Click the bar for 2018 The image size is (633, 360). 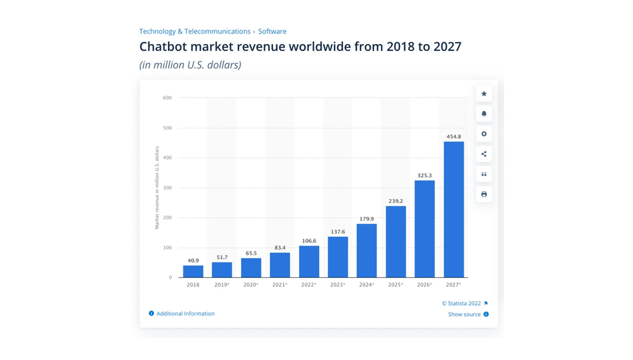click(193, 271)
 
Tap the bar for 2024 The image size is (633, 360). click(366, 251)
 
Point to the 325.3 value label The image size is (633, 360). click(424, 175)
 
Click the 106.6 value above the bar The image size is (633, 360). click(309, 241)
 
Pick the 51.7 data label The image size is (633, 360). click(222, 257)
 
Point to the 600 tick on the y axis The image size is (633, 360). click(167, 98)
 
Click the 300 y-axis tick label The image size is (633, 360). click(167, 188)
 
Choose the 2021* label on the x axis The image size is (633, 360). click(280, 285)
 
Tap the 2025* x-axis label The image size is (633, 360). click(395, 285)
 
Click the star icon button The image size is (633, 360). click(484, 94)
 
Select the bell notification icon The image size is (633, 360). click(484, 114)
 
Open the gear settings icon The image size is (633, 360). click(484, 134)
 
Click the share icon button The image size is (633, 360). click(484, 154)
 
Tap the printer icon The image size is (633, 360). click(484, 195)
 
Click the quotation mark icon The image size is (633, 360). click(484, 175)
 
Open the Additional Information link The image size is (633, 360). click(185, 313)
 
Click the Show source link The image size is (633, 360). click(464, 315)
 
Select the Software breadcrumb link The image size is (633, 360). click(273, 31)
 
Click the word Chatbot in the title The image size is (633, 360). click(164, 47)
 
